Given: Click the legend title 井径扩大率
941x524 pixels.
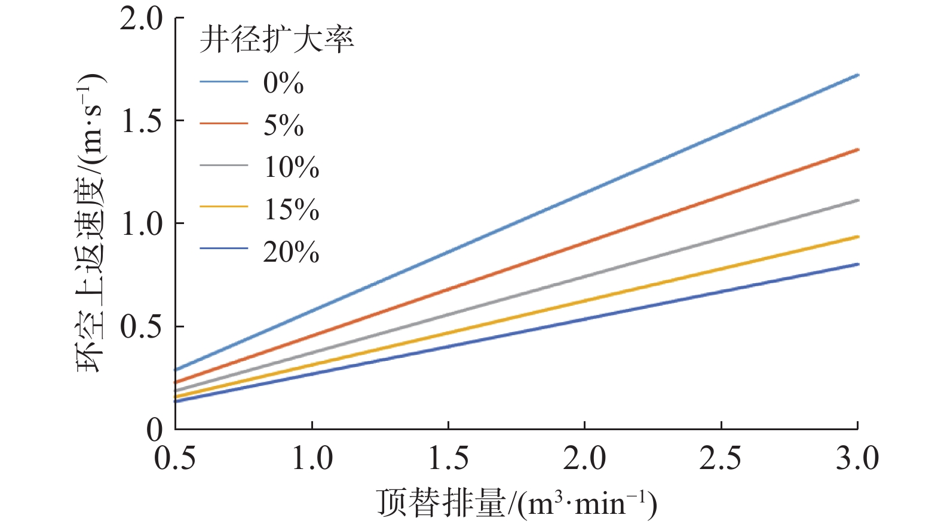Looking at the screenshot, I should pyautogui.click(x=277, y=40).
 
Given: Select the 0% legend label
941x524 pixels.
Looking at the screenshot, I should pyautogui.click(x=284, y=82).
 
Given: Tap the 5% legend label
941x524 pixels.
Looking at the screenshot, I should pyautogui.click(x=284, y=125).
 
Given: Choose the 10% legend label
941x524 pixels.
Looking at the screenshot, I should pyautogui.click(x=292, y=167).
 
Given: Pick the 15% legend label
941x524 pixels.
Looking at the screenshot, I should pyautogui.click(x=292, y=209).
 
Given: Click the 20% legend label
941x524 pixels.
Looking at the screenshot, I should pyautogui.click(x=292, y=252).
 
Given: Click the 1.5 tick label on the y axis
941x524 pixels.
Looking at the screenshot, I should pyautogui.click(x=141, y=121).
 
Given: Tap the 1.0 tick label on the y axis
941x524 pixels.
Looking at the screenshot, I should pyautogui.click(x=141, y=224).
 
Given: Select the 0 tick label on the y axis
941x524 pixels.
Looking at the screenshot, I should pyautogui.click(x=154, y=429).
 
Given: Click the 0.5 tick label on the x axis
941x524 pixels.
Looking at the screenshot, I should pyautogui.click(x=175, y=459).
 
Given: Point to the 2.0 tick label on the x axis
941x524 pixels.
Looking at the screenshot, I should pyautogui.click(x=584, y=459).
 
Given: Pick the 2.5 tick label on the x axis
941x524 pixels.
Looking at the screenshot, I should pyautogui.click(x=721, y=459).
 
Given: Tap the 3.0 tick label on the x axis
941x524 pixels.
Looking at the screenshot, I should pyautogui.click(x=857, y=459).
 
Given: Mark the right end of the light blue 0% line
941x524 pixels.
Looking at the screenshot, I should pyautogui.click(x=857, y=75).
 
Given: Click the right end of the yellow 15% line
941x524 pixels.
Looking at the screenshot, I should pyautogui.click(x=857, y=237).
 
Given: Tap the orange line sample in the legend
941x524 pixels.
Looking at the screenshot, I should pyautogui.click(x=223, y=124).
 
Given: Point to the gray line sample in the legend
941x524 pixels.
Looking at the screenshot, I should pyautogui.click(x=223, y=165).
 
